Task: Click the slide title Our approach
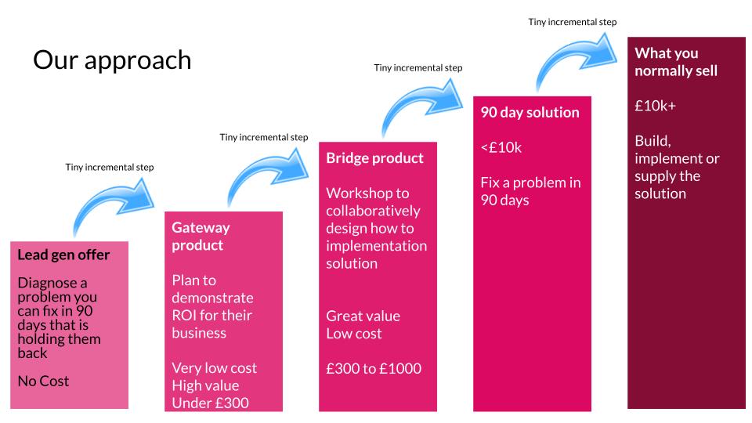tap(112, 61)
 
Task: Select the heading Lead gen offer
tap(63, 255)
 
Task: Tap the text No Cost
tap(43, 381)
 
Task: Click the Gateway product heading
tap(201, 236)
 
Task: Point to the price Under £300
tap(210, 403)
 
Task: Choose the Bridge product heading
tap(374, 157)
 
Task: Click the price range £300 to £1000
tap(374, 368)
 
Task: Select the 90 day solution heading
tap(530, 112)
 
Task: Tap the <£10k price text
tap(501, 147)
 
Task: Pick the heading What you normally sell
tap(676, 62)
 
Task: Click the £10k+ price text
tap(655, 106)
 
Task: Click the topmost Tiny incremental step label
tap(572, 22)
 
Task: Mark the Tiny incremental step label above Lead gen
tap(110, 168)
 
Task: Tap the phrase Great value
tap(363, 316)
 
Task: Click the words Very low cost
tap(215, 368)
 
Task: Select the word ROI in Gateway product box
tap(182, 316)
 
